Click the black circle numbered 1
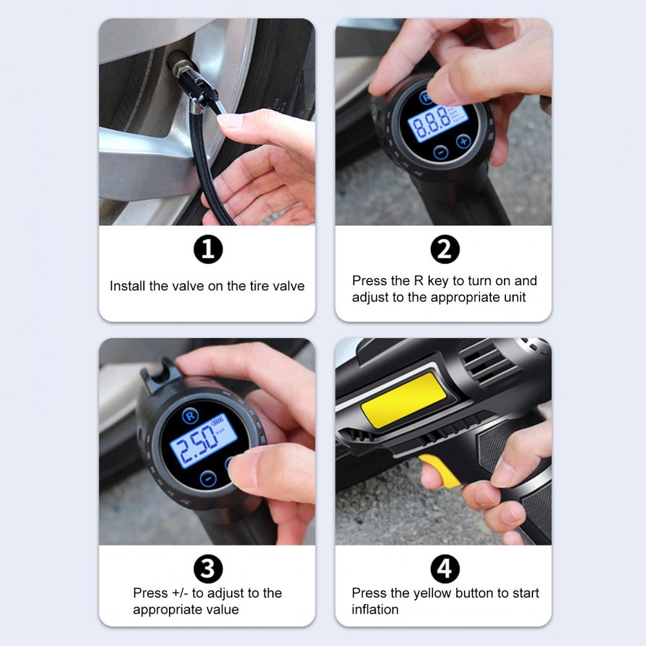208,249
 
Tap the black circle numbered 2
445,249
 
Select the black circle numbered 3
208,569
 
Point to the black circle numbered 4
445,569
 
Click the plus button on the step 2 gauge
464,141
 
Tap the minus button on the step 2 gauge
441,152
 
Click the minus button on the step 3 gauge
208,479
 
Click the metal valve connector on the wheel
191,79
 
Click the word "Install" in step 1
127,286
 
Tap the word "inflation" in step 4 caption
375,609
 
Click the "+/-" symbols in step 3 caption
180,593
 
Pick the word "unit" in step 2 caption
515,297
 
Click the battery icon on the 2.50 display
217,421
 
